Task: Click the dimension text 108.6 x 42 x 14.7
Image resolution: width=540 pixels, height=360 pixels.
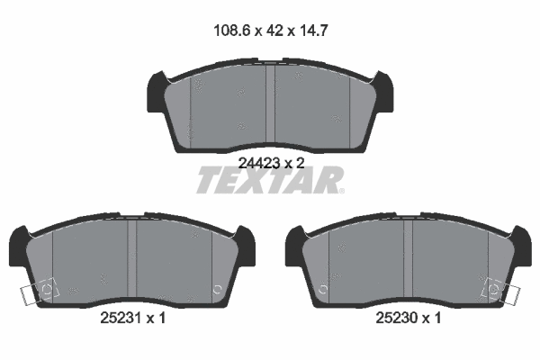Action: coord(271,31)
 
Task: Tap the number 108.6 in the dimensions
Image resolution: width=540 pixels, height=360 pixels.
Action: coord(232,31)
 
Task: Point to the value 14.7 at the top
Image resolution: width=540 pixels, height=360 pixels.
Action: coord(314,31)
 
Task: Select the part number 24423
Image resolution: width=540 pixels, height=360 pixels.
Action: coord(259,163)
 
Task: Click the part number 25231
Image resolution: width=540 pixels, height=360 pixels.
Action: coord(121,318)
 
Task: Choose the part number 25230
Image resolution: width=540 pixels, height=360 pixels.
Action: coord(397,318)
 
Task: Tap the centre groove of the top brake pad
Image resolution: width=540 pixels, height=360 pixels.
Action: coord(270,103)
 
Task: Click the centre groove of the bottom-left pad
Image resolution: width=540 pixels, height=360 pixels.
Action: coord(132,258)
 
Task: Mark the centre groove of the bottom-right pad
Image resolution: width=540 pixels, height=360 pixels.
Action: coord(408,258)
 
